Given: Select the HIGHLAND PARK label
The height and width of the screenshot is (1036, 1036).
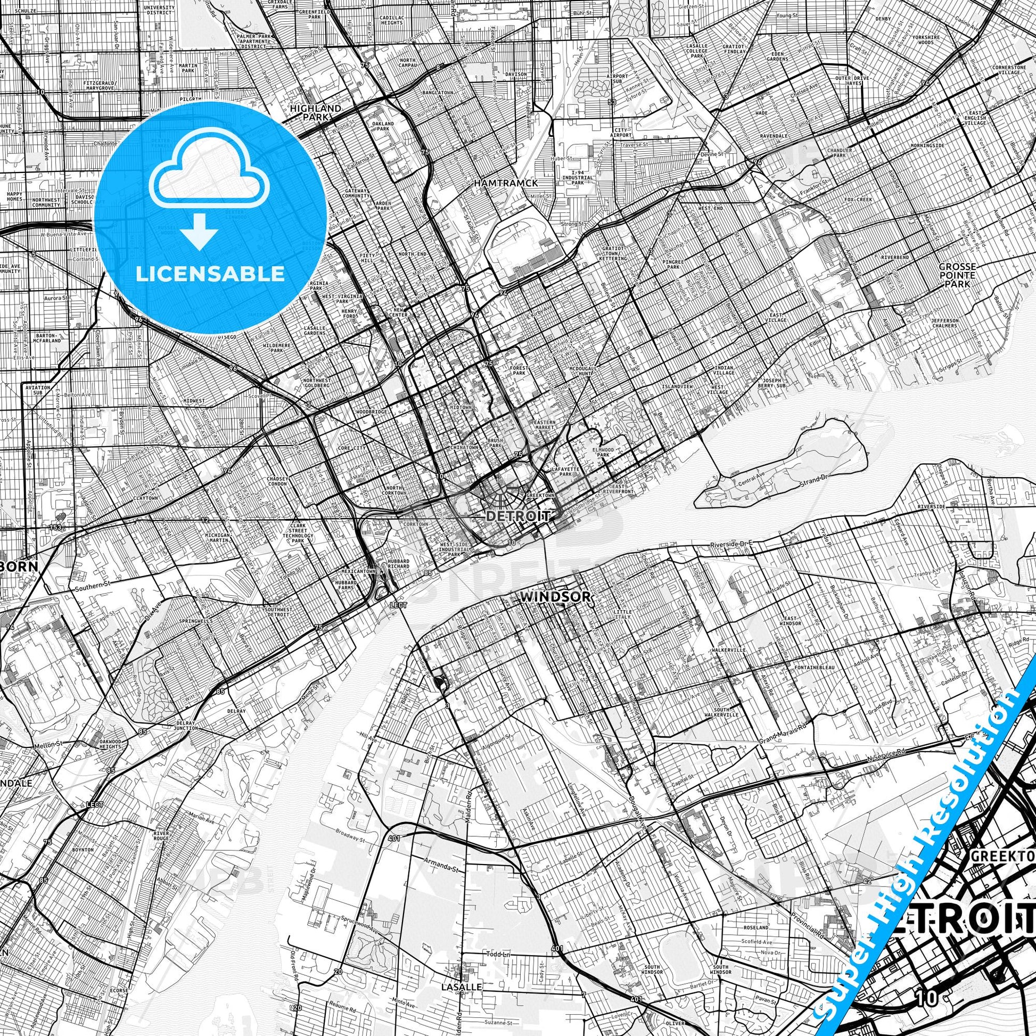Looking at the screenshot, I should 315,112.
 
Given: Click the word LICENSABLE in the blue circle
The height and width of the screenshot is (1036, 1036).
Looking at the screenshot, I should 210,274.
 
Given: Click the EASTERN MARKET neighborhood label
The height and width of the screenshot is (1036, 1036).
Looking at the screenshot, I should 544,425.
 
